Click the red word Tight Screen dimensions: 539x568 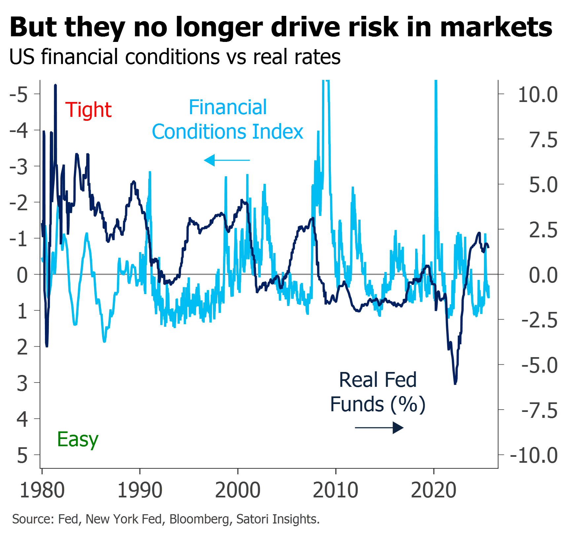[89, 110]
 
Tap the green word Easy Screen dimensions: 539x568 [78, 439]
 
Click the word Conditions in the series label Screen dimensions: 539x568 [199, 132]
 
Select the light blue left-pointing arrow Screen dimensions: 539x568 [227, 160]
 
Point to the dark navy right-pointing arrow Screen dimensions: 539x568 [379, 428]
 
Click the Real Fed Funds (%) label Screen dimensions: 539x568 [378, 392]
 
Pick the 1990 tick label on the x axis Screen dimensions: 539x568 [140, 490]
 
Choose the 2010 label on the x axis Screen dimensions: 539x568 [336, 490]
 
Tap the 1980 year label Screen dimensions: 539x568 [42, 490]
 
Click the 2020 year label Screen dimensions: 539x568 [434, 490]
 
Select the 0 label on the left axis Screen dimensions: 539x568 [22, 275]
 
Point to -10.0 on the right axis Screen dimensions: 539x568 [534, 455]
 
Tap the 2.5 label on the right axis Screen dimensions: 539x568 [543, 230]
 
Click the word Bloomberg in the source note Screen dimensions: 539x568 [199, 519]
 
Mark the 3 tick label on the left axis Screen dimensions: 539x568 [22, 383]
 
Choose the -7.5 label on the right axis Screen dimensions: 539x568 [540, 411]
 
